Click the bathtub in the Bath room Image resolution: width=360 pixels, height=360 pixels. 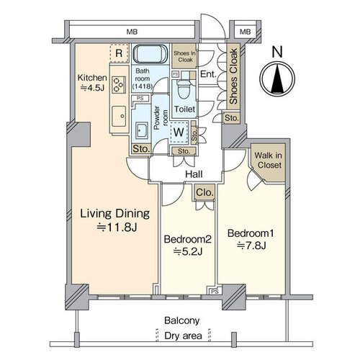tap(150, 54)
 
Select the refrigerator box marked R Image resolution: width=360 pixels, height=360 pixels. tap(119, 53)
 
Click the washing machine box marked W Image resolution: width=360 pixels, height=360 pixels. tap(179, 132)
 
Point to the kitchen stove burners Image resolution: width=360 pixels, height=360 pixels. tap(119, 85)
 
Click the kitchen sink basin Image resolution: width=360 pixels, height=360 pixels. tap(119, 116)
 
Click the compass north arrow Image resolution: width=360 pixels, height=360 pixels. tap(277, 78)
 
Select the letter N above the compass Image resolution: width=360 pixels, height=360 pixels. tap(277, 52)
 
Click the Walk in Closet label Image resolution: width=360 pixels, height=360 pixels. tap(268, 161)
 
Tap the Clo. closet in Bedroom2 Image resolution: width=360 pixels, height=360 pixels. tap(204, 192)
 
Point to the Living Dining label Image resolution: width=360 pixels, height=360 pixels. tap(115, 213)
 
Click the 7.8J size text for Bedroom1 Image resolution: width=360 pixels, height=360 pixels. tap(251, 246)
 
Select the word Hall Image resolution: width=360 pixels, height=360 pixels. tap(194, 174)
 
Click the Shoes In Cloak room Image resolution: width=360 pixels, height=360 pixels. tap(184, 56)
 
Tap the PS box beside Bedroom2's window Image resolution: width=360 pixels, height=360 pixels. tap(215, 292)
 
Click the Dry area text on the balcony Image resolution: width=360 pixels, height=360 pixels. tap(183, 336)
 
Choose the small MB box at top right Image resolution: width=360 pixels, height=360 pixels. tap(245, 32)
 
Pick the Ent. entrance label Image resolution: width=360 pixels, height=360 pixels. tap(208, 74)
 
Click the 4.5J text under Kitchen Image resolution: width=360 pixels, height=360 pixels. tap(92, 88)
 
